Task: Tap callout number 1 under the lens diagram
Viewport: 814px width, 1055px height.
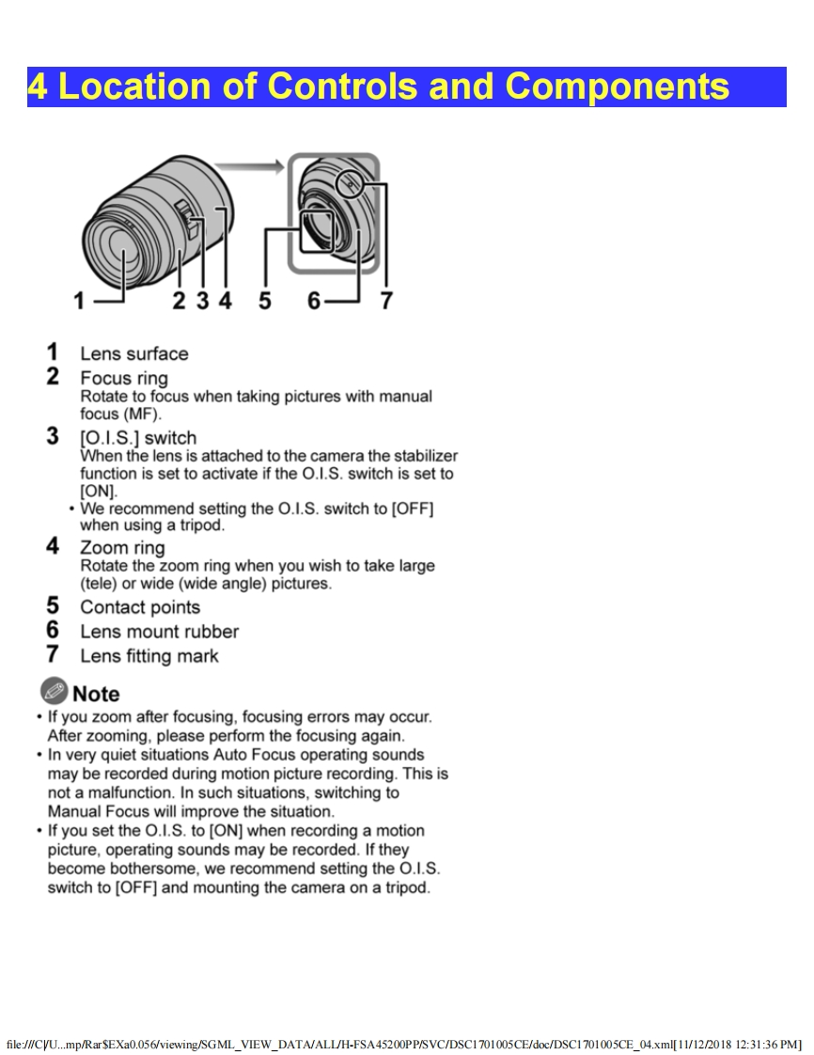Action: pyautogui.click(x=80, y=301)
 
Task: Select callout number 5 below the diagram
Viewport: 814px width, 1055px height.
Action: pyautogui.click(x=265, y=301)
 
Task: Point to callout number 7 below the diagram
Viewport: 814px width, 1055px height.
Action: pyautogui.click(x=386, y=301)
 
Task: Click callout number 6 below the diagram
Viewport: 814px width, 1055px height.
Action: pyautogui.click(x=314, y=301)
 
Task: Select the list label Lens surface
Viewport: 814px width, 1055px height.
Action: pyautogui.click(x=133, y=354)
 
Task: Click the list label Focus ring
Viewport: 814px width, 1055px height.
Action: pyautogui.click(x=124, y=379)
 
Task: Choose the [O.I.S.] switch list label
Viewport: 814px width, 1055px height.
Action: pyautogui.click(x=138, y=438)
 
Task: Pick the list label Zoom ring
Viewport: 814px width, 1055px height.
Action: pyautogui.click(x=122, y=548)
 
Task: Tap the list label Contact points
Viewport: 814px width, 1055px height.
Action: pyautogui.click(x=140, y=607)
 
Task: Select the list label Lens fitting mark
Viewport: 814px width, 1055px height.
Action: pyautogui.click(x=149, y=656)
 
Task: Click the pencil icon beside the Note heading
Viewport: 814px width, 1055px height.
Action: pyautogui.click(x=54, y=692)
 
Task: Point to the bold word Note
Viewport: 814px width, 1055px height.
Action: pyautogui.click(x=96, y=694)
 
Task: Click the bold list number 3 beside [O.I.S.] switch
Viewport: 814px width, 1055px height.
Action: pyautogui.click(x=53, y=437)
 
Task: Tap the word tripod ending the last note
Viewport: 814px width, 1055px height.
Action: pyautogui.click(x=406, y=888)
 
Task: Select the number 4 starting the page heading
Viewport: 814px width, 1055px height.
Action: pyautogui.click(x=37, y=87)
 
